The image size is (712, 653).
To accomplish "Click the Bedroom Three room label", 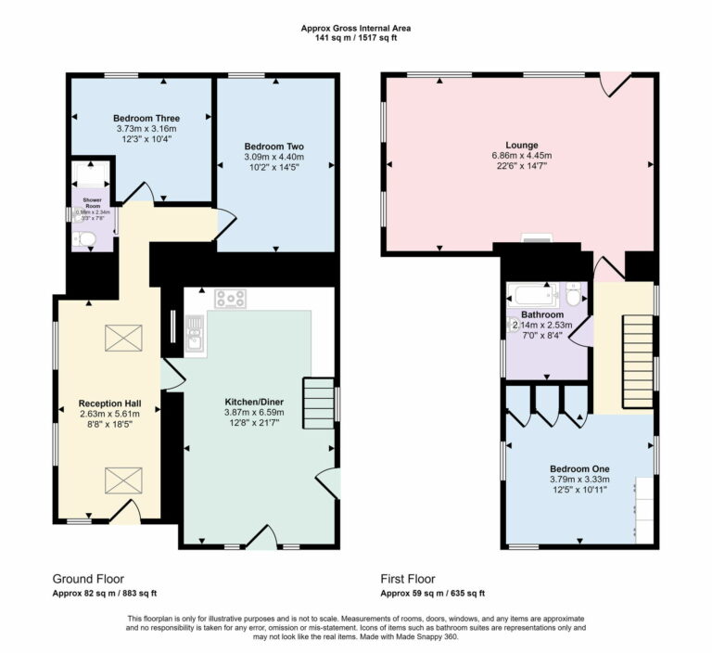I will [146, 118].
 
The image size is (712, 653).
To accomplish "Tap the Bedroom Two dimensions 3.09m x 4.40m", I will [273, 158].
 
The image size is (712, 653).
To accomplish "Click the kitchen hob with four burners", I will [230, 299].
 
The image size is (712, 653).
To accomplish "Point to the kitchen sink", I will [195, 333].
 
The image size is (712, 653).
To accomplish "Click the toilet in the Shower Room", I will [86, 240].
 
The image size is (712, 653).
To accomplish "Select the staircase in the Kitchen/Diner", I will [318, 403].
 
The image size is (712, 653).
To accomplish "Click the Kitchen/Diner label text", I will [254, 402].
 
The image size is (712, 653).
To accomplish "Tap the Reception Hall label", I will [109, 403].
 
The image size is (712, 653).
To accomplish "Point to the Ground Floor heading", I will [88, 578].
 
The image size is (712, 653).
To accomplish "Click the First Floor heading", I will [407, 578].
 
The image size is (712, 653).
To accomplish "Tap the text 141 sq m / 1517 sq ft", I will [356, 39].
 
